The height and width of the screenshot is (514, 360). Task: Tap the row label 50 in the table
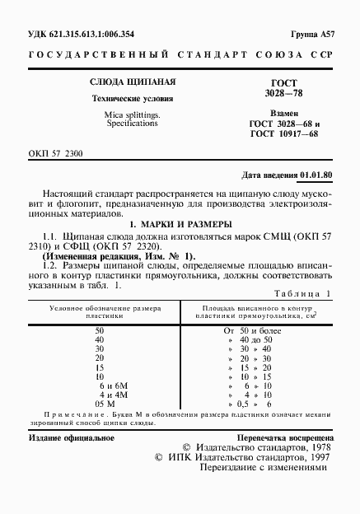[100, 329]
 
